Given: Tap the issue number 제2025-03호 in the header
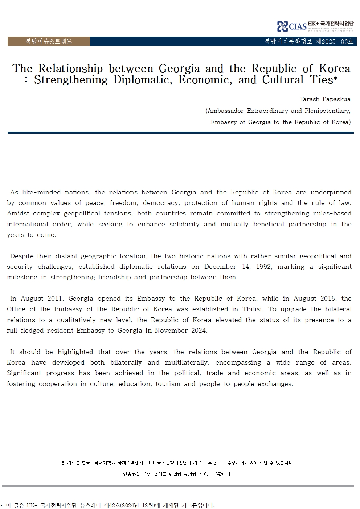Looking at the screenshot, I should click(x=335, y=41).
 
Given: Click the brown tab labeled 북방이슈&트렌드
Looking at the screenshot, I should click(x=49, y=41).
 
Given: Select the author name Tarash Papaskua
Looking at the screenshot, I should click(x=325, y=99).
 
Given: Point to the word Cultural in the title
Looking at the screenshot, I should click(x=283, y=80).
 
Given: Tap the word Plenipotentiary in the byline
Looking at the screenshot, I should click(x=327, y=111).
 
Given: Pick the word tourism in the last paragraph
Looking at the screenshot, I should click(x=168, y=384).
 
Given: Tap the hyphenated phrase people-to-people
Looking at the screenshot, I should click(x=226, y=384).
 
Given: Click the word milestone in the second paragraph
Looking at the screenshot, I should click(x=22, y=277).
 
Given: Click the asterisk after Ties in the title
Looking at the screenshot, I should click(x=335, y=78).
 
